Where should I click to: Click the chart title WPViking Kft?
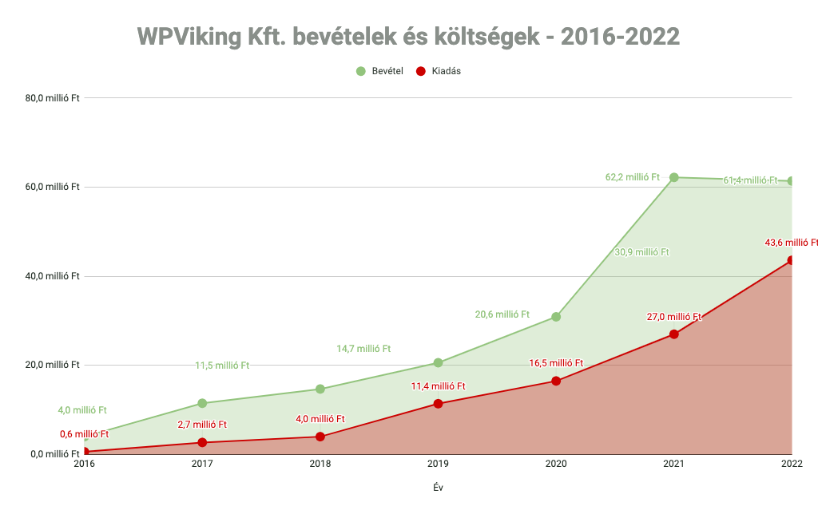click(408, 36)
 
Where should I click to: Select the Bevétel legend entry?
click(383, 71)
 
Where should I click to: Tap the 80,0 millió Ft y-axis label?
click(53, 98)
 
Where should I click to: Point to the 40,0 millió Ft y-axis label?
click(53, 276)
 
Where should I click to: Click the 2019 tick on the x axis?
click(438, 464)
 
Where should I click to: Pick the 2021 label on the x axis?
click(673, 464)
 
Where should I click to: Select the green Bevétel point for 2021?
click(673, 177)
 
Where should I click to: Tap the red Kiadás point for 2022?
click(791, 260)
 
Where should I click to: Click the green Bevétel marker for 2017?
click(202, 403)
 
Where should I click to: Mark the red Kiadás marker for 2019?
click(438, 404)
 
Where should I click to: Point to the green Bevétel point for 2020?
click(556, 317)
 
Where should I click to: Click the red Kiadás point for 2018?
click(320, 437)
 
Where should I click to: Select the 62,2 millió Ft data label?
click(633, 177)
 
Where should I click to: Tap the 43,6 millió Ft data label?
click(791, 243)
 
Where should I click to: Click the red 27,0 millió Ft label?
click(673, 317)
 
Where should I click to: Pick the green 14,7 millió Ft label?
click(363, 349)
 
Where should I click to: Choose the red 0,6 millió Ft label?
click(84, 434)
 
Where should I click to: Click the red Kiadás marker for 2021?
click(673, 334)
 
